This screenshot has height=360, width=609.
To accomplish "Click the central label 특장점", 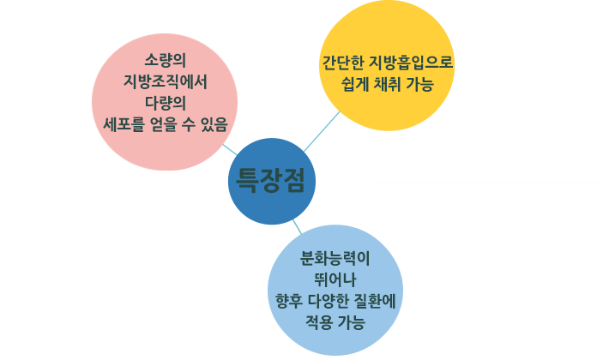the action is [271, 180].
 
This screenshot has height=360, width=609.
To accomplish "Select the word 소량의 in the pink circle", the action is [166, 60].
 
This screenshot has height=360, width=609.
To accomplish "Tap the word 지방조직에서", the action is [166, 81].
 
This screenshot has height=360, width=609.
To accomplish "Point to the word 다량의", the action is [166, 103].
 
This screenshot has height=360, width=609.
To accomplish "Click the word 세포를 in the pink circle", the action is [124, 124].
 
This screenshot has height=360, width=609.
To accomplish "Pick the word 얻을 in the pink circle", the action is [164, 124].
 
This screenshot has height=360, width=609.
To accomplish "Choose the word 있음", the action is [214, 124].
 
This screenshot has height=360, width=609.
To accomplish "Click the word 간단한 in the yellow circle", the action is [342, 63].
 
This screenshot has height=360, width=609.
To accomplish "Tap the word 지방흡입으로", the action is [411, 63].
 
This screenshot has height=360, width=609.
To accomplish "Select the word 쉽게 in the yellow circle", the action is [355, 84].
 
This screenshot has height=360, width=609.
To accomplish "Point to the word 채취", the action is [387, 84].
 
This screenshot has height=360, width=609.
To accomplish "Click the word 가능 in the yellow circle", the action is [419, 84].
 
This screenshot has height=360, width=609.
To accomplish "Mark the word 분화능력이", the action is [335, 259].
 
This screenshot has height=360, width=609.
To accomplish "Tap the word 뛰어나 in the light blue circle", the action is [335, 279].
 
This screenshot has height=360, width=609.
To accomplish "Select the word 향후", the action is [288, 301].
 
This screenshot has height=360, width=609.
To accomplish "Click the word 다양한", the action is [329, 301].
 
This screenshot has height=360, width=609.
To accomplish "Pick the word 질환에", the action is [375, 301].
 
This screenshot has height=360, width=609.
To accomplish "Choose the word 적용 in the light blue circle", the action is [318, 322].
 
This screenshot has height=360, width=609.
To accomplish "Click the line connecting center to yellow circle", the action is [322, 131].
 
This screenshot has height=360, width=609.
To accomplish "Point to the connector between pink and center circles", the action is [230, 150].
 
